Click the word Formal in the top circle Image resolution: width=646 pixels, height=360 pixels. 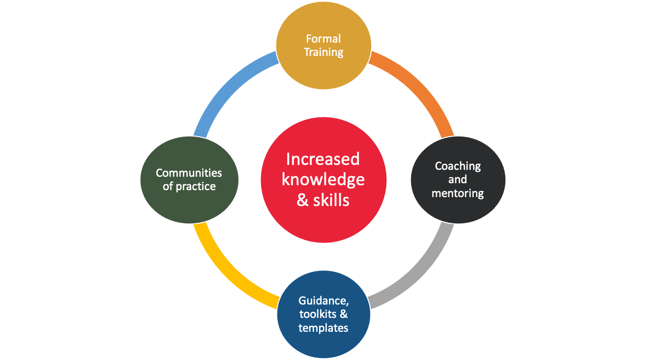[x=323, y=39]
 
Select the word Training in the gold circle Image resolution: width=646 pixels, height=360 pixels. [x=323, y=52]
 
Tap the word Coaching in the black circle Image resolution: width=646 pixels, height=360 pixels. [x=458, y=166]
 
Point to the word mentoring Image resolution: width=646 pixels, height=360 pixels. [x=458, y=194]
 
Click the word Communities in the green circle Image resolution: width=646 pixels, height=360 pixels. [x=189, y=173]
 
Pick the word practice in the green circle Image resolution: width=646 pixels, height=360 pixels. [x=196, y=187]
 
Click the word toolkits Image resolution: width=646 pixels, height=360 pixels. [x=318, y=314]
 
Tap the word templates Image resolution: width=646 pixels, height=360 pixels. [x=323, y=328]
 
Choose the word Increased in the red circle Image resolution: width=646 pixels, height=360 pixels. [x=323, y=159]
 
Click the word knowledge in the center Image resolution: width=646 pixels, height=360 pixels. [x=323, y=180]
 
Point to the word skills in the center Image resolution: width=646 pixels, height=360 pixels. [x=331, y=200]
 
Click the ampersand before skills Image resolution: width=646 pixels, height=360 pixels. [x=303, y=200]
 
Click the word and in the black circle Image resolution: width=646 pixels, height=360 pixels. [x=457, y=180]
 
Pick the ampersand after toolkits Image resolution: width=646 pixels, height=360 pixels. [x=343, y=314]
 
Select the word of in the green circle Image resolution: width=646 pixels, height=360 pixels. [x=167, y=186]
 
